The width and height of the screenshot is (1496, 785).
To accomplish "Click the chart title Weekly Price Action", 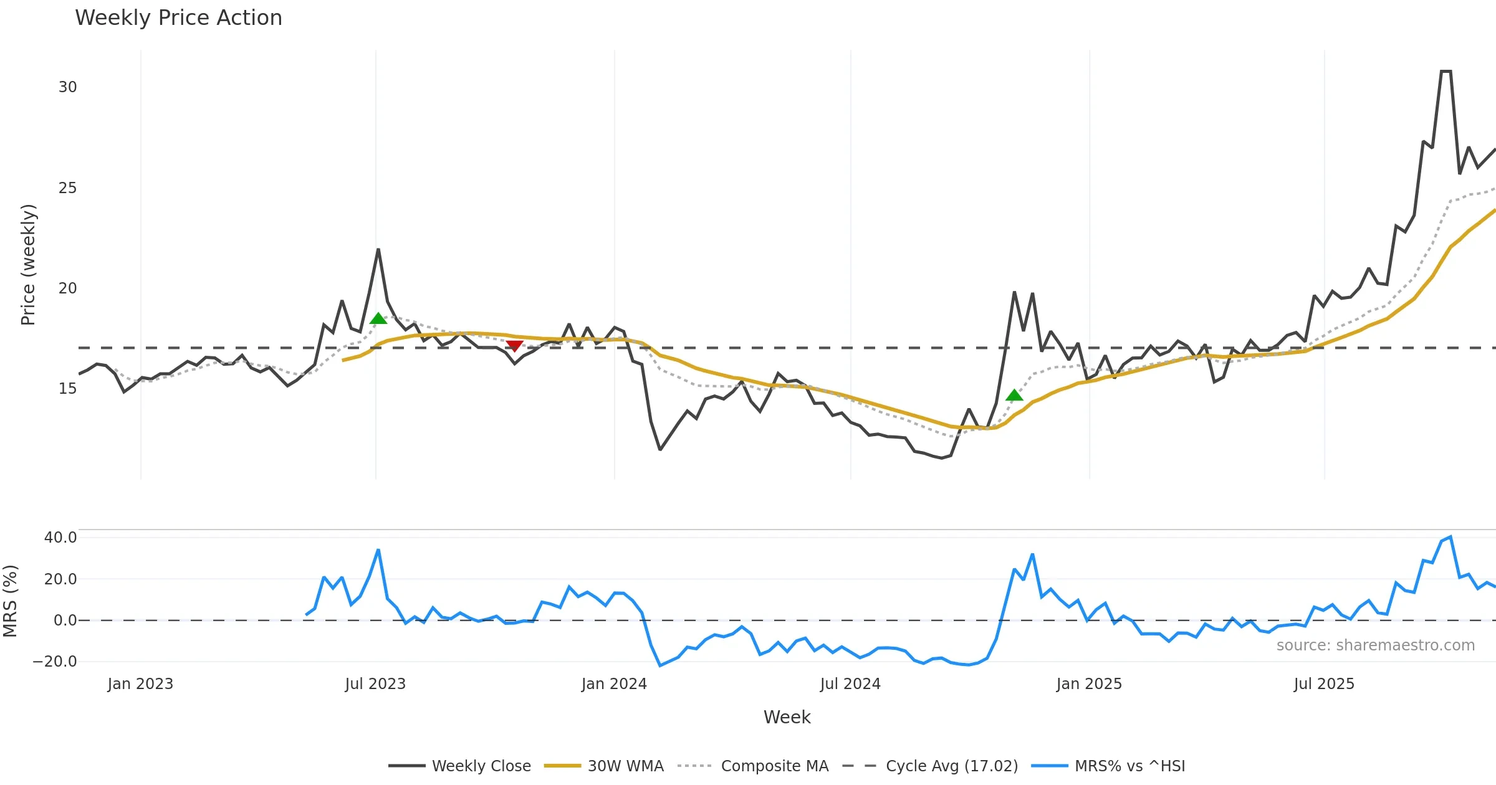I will (178, 17).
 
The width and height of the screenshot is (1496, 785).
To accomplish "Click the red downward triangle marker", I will (514, 346).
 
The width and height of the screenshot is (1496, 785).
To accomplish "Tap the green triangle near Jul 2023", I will (378, 319).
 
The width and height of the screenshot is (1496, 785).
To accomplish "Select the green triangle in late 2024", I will (1014, 395).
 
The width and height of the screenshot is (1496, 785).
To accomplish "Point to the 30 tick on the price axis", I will (68, 87).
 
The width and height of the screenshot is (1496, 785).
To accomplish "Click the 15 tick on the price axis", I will (68, 389).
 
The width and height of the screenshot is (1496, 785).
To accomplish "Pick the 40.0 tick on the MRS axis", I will (60, 538).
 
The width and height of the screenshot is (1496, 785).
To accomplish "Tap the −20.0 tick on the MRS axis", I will (55, 662).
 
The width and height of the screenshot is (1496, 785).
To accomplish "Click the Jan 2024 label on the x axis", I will (614, 684).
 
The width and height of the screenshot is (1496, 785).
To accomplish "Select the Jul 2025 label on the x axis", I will (1324, 684).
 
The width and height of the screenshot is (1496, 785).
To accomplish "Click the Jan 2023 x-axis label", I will (140, 684).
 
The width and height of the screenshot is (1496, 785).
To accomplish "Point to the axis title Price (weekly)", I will (29, 265).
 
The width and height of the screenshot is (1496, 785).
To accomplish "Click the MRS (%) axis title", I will (11, 601).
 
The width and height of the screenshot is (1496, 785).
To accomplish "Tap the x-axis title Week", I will (787, 718).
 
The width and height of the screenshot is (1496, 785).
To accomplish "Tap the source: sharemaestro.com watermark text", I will (1375, 645).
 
